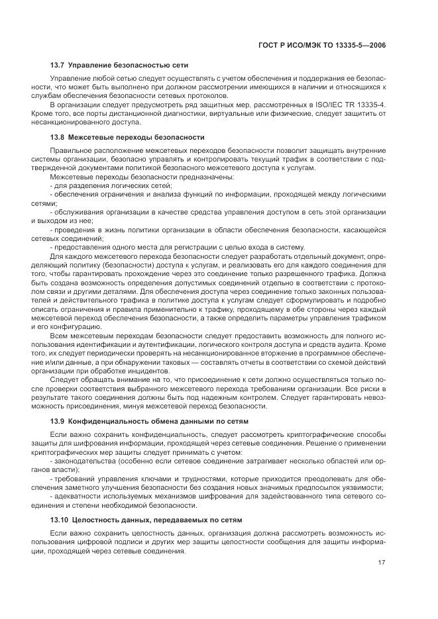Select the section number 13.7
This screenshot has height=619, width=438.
pos(59,65)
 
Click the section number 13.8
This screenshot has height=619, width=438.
pos(59,137)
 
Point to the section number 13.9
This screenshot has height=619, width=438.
pos(59,421)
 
